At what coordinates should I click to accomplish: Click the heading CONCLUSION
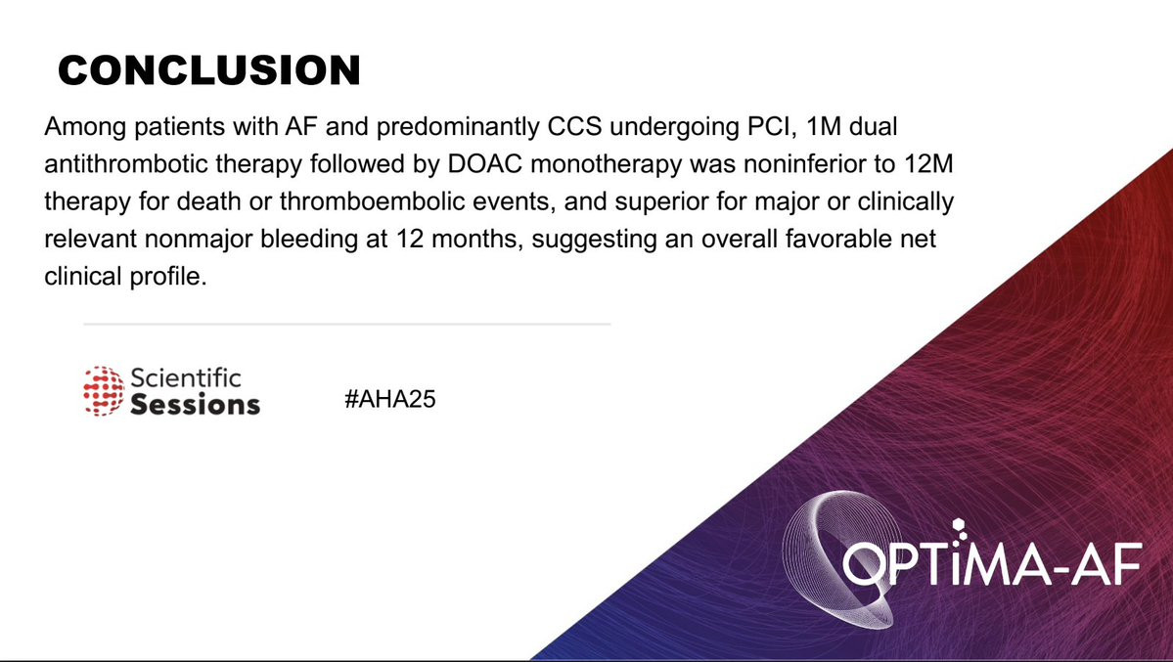[x=209, y=70]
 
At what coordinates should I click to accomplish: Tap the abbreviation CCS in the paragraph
[x=574, y=126]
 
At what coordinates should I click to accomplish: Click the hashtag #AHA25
[x=389, y=399]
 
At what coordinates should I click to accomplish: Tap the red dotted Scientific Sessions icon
[x=104, y=390]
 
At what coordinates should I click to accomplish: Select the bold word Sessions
[x=196, y=405]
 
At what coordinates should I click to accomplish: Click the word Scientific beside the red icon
[x=186, y=377]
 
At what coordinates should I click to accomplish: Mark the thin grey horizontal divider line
[x=347, y=325]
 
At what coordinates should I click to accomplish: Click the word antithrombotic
[x=124, y=164]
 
